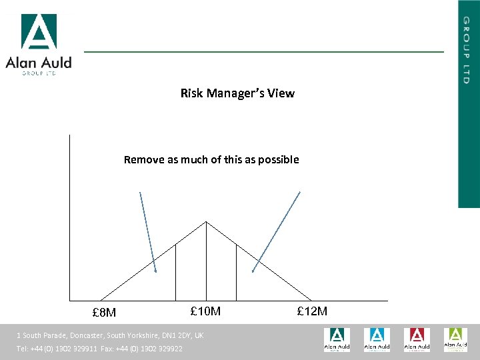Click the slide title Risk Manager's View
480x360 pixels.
[x=237, y=93]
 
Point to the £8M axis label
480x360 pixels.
[x=104, y=313]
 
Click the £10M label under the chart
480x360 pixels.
[x=205, y=311]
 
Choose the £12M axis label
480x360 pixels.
[x=312, y=311]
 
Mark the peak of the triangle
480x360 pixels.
[x=206, y=222]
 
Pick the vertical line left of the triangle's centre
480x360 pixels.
[x=175, y=273]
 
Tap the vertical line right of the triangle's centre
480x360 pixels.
[x=236, y=273]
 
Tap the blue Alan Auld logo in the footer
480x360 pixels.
[x=377, y=339]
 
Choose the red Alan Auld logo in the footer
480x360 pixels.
[x=417, y=339]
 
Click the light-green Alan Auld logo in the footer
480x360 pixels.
[x=456, y=339]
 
